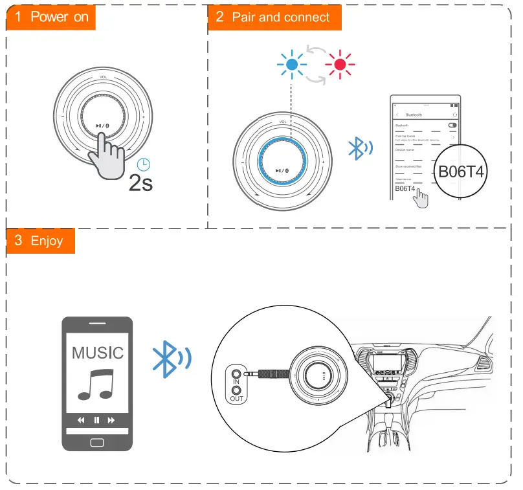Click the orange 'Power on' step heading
pyautogui.click(x=51, y=17)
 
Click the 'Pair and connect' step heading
pyautogui.click(x=274, y=17)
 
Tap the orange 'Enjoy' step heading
pyautogui.click(x=39, y=241)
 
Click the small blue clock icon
pyautogui.click(x=143, y=164)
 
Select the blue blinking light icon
pyautogui.click(x=292, y=64)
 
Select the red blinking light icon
pyautogui.click(x=340, y=64)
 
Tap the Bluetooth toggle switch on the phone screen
pyautogui.click(x=452, y=125)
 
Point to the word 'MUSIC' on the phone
pyautogui.click(x=97, y=353)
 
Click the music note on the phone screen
pyautogui.click(x=96, y=384)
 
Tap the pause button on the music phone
pyautogui.click(x=96, y=420)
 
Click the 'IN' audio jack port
pyautogui.click(x=236, y=373)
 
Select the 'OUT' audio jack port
pyautogui.click(x=236, y=391)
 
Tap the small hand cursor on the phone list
pyautogui.click(x=421, y=198)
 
